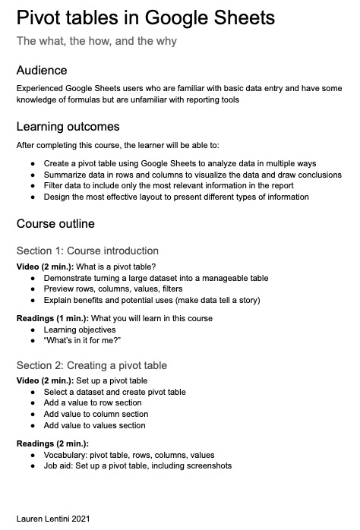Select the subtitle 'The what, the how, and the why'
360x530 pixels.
[96, 41]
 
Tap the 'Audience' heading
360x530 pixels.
[42, 71]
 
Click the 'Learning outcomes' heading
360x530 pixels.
[68, 126]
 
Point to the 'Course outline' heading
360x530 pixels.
[55, 224]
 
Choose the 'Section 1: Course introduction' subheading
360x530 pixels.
[87, 251]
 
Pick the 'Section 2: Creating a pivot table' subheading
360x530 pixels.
[92, 365]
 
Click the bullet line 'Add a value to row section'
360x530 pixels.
[93, 403]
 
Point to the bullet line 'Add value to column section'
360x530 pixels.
[96, 415]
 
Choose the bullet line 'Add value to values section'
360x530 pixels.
[94, 426]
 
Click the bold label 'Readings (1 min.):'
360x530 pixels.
[48, 318]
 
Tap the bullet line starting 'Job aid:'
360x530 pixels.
[137, 465]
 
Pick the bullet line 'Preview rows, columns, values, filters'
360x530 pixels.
[113, 289]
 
